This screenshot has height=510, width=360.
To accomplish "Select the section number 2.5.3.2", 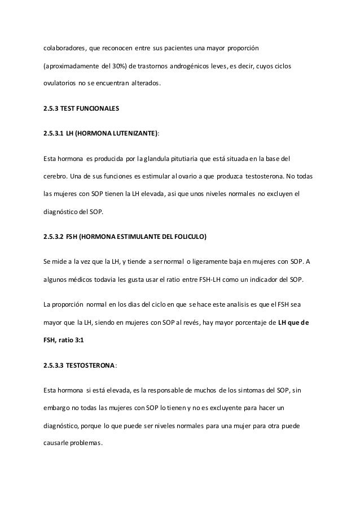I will pyautogui.click(x=52, y=237).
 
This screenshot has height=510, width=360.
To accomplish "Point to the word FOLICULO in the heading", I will pyautogui.click(x=191, y=237).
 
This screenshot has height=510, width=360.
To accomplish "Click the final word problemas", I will pyautogui.click(x=87, y=442).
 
